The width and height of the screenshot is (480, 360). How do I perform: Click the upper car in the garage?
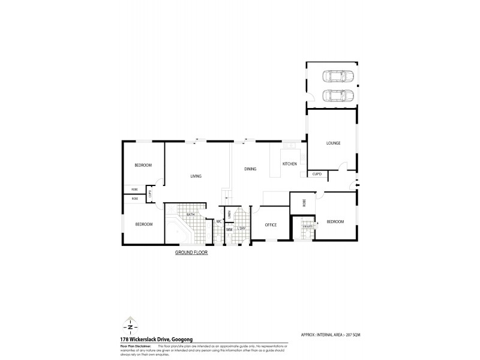(x=338, y=77)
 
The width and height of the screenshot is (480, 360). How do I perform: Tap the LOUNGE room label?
(x=334, y=143)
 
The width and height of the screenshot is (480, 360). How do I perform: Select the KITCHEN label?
(x=290, y=164)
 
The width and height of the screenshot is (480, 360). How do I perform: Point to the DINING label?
(x=250, y=169)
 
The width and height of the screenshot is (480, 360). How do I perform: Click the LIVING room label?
(x=196, y=176)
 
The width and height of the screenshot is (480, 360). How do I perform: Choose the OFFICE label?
(x=271, y=224)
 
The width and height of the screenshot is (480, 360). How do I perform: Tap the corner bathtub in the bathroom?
(x=176, y=232)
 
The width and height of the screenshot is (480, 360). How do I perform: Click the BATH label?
(x=190, y=214)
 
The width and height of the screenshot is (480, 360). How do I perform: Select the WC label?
(x=220, y=222)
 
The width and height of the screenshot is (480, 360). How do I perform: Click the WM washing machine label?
(x=229, y=229)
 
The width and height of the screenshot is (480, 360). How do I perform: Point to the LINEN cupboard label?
(x=230, y=214)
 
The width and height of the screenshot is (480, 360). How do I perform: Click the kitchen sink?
(x=288, y=145)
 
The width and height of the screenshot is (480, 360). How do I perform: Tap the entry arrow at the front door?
(x=358, y=185)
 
